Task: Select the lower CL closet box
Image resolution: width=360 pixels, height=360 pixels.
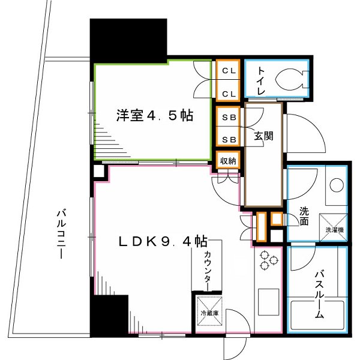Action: (x=228, y=93)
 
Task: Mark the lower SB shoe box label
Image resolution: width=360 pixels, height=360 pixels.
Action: (x=228, y=139)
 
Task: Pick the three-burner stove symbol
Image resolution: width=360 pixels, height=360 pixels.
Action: (x=268, y=260)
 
